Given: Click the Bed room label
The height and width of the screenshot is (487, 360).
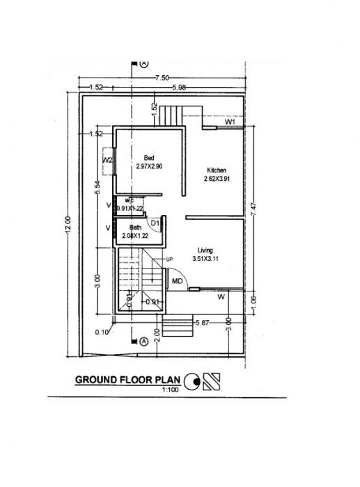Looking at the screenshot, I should click(x=148, y=158).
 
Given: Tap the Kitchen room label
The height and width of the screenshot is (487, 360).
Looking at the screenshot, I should click(x=215, y=170).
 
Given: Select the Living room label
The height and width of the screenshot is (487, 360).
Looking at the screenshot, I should click(x=205, y=250).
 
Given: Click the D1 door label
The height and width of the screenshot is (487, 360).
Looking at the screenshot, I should click(x=155, y=223).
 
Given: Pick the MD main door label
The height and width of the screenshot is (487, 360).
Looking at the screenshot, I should click(x=177, y=280).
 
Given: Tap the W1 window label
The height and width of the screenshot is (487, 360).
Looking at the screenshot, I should click(x=230, y=122).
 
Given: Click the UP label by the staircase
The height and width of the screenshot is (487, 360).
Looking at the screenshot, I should click(x=169, y=260).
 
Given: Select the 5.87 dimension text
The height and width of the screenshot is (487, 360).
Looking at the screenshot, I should click(x=203, y=322).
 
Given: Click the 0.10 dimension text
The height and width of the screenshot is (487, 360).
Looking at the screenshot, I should click(x=104, y=333).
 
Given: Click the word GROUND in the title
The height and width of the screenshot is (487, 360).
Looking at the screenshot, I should click(x=97, y=381).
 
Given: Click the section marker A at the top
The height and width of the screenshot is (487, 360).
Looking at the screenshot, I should click(x=144, y=63).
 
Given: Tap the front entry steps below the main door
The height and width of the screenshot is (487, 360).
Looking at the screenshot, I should click(x=177, y=325).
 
